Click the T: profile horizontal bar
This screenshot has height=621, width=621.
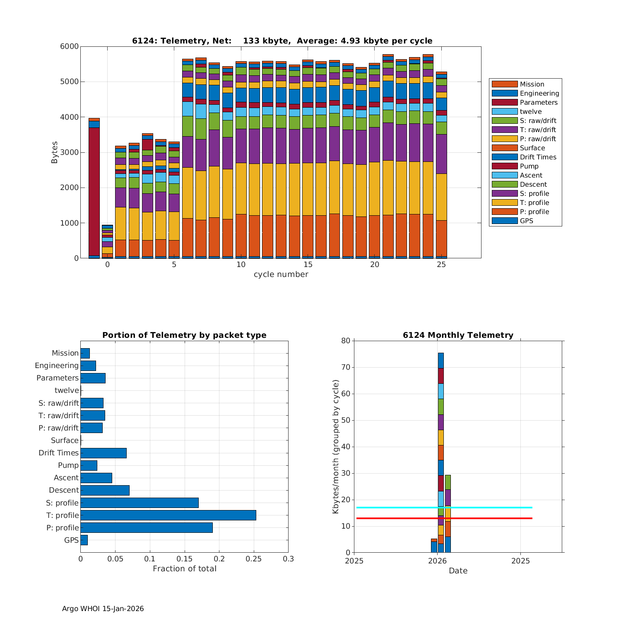168,515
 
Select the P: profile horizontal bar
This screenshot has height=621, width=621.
147,528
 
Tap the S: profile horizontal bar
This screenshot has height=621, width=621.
140,503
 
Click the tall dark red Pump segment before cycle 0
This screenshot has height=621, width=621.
94,190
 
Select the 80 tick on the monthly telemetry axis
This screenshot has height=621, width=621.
346,341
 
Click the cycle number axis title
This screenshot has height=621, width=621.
281,274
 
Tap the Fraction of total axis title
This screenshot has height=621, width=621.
184,569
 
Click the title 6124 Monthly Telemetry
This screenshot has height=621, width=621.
458,335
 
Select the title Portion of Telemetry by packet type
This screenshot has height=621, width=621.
184,335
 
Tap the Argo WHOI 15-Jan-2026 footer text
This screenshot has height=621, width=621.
103,609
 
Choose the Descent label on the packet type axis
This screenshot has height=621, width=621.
64,491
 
